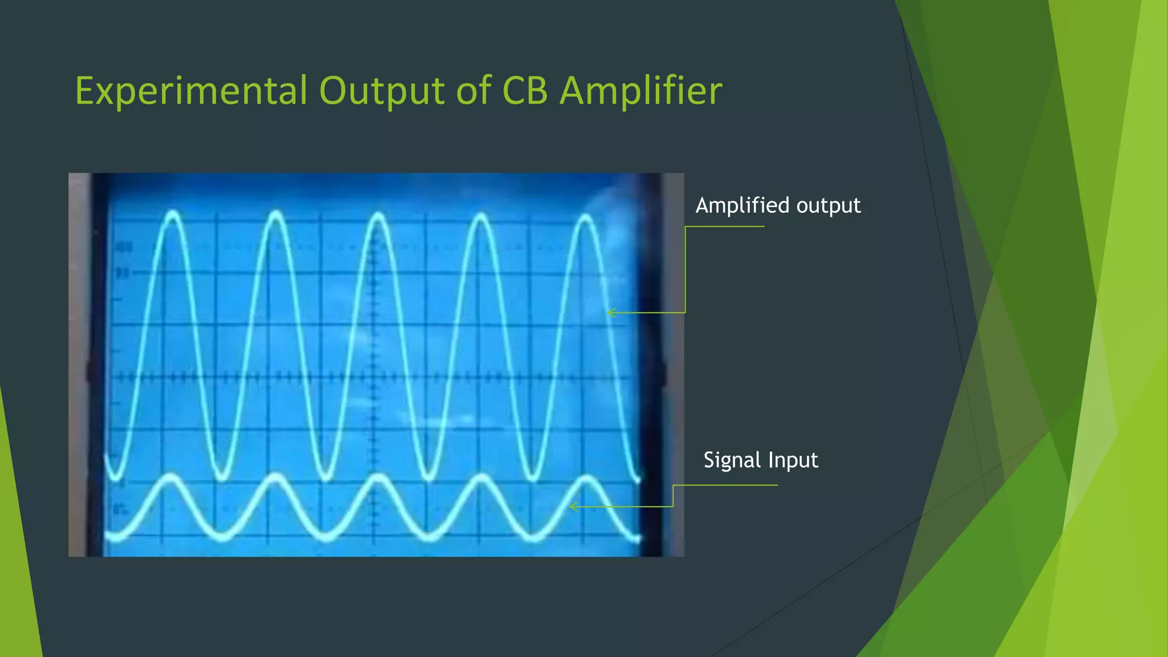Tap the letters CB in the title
(525, 91)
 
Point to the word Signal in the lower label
(732, 460)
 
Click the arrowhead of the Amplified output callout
(610, 313)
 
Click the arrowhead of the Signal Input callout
(572, 506)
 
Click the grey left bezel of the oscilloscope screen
(79, 365)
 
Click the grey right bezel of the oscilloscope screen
(674, 365)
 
